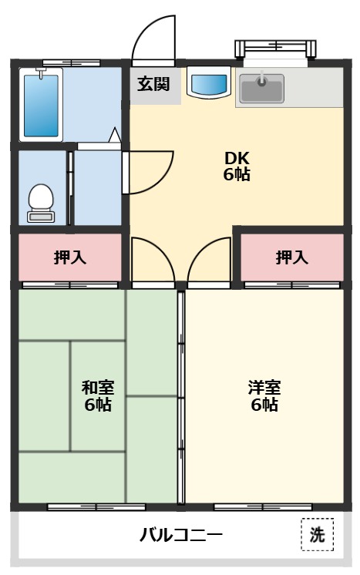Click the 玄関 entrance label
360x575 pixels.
click(153, 84)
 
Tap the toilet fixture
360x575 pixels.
click(40, 202)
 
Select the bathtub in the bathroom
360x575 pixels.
click(42, 103)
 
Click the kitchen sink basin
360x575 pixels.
click(261, 87)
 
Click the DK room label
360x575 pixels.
click(237, 165)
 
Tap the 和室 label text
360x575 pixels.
click(97, 395)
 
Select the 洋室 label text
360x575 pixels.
click(264, 395)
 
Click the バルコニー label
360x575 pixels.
click(181, 534)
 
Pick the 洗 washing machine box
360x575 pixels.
click(317, 535)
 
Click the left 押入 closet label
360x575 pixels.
click(70, 257)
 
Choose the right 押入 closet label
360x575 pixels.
click(292, 257)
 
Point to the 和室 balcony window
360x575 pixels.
click(96, 507)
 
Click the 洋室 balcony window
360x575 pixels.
click(262, 507)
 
